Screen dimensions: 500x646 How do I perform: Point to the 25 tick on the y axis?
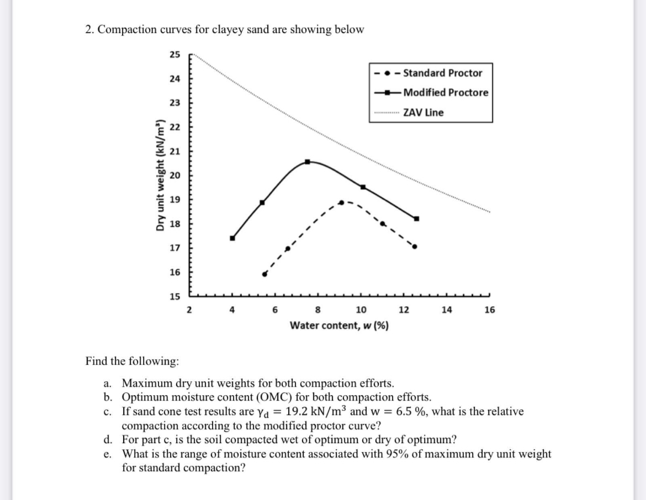[174, 55]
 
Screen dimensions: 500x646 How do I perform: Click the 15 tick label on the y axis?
[174, 296]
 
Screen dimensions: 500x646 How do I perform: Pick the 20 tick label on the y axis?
[174, 175]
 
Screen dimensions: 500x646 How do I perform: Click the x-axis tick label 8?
[317, 310]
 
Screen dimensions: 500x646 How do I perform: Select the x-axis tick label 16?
[489, 310]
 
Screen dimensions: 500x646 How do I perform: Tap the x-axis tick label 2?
[189, 310]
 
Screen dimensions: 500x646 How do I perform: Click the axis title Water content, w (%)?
[339, 326]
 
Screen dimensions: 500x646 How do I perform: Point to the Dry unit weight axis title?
[161, 175]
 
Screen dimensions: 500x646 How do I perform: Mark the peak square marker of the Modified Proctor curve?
[308, 162]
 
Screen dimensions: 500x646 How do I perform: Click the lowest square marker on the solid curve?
[232, 238]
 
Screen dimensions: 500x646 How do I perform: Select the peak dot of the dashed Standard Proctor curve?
[342, 202]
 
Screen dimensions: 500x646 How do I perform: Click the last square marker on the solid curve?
[417, 219]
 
